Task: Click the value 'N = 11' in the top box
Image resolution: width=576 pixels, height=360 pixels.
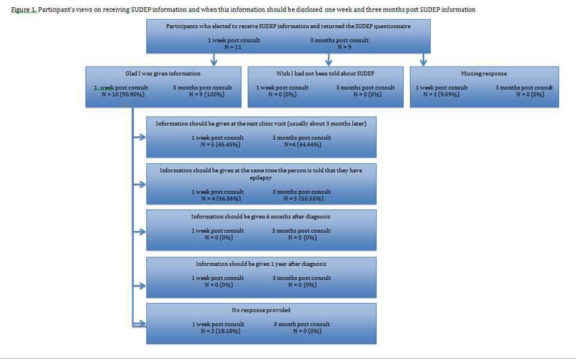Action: pos(217,47)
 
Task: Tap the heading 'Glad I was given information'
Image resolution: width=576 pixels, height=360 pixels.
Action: pos(163,74)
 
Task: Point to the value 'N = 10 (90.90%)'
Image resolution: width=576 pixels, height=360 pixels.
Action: pos(121,94)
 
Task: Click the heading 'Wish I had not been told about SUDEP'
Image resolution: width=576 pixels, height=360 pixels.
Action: pos(325,74)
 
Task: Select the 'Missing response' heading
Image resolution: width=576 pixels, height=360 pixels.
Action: pos(484,74)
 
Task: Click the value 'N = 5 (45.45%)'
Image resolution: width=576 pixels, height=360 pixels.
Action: pos(217,145)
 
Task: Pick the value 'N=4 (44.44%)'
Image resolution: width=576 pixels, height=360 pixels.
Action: pos(302,145)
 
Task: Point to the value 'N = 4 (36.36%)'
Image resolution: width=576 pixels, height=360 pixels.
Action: pos(217,199)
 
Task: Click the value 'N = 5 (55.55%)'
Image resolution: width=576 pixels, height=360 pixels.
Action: pos(301,199)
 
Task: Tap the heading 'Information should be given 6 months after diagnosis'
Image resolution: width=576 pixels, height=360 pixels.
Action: pos(260,217)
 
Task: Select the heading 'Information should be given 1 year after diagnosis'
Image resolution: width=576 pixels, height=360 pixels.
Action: pos(260,264)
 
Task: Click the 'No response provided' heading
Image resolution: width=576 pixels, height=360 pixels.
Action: pos(260,310)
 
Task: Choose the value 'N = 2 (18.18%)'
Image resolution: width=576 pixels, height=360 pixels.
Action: pos(217,331)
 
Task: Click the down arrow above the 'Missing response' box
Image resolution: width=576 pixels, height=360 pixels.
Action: pos(424,59)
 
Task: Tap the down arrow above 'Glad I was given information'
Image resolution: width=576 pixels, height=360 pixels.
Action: pos(214,59)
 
